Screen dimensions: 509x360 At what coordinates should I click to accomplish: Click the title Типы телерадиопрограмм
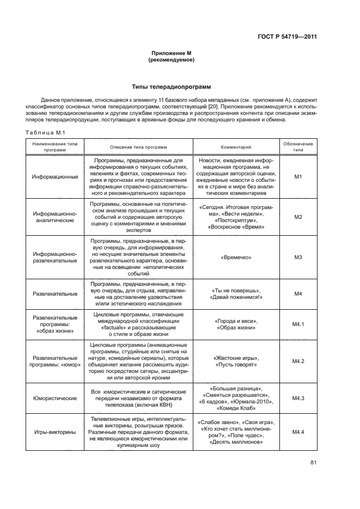coord(172,87)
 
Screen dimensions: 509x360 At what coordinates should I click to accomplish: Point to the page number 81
coord(313,463)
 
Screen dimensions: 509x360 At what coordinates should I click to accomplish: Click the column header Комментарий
coord(236,147)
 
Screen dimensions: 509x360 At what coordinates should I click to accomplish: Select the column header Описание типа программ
coord(138,147)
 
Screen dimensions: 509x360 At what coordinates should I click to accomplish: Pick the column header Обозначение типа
coord(298,147)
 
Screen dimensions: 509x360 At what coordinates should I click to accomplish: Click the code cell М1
coord(298,177)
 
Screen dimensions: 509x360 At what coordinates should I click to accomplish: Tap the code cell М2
coord(298,217)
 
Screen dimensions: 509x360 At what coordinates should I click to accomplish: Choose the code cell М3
coord(298,257)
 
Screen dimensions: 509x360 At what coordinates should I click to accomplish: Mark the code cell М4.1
coord(298,324)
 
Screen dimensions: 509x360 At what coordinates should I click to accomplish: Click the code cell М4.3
coord(298,398)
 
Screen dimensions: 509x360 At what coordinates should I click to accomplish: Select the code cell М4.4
coord(298,432)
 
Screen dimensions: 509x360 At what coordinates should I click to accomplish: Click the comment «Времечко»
coord(236,257)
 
